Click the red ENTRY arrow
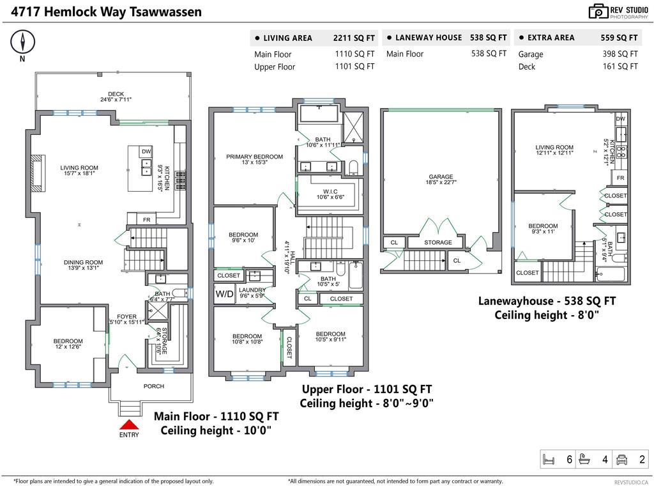129,425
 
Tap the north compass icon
22,42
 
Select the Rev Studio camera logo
598,12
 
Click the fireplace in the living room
36,173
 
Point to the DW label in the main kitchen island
146,152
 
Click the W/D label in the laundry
224,294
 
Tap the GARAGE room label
441,176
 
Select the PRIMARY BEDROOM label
254,157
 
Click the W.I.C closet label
330,192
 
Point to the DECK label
116,94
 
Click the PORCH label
154,386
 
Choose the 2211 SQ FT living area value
354,38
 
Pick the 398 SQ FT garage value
620,54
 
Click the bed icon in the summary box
549,460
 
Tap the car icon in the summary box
621,460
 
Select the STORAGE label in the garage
438,242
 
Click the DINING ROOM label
84,262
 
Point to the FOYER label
127,316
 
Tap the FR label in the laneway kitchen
621,178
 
